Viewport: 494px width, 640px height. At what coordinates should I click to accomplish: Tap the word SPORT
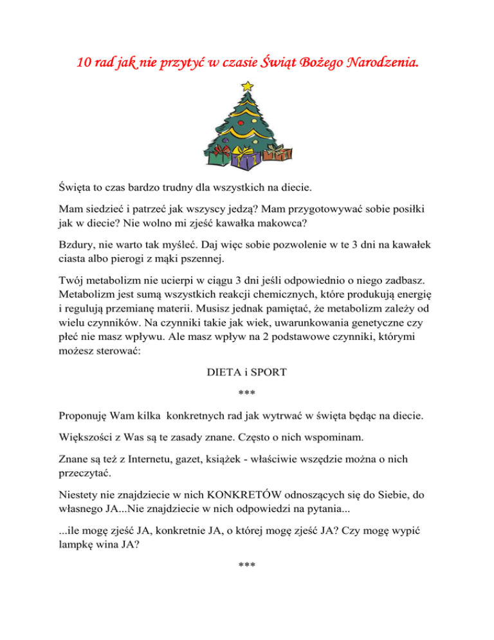coord(267,372)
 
